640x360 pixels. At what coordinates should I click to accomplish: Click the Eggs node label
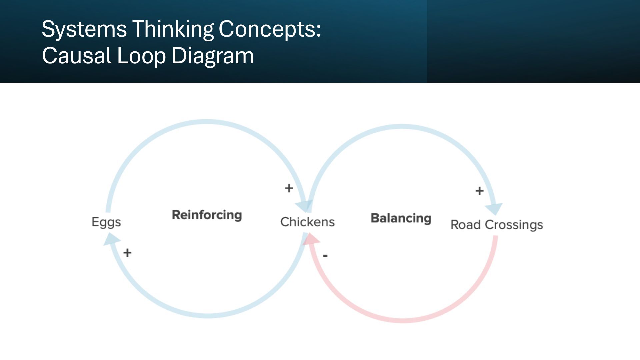click(x=106, y=222)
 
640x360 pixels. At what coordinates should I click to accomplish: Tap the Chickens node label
click(x=307, y=222)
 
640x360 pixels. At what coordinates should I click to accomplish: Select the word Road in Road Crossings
click(x=466, y=225)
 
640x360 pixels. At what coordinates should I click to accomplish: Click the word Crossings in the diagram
click(x=514, y=225)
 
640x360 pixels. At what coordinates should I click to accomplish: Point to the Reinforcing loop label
click(x=207, y=215)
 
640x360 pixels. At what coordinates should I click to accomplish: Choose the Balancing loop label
click(x=401, y=218)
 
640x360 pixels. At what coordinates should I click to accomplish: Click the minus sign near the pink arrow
click(x=325, y=256)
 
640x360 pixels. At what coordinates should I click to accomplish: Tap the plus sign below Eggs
click(x=127, y=253)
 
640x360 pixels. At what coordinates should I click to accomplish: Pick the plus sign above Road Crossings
click(x=479, y=191)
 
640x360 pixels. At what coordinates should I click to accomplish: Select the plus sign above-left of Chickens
click(x=289, y=188)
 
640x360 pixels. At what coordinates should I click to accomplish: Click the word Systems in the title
click(x=84, y=29)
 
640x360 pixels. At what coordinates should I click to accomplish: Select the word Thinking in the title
click(x=173, y=29)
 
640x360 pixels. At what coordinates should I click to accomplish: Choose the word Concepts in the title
click(x=269, y=29)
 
